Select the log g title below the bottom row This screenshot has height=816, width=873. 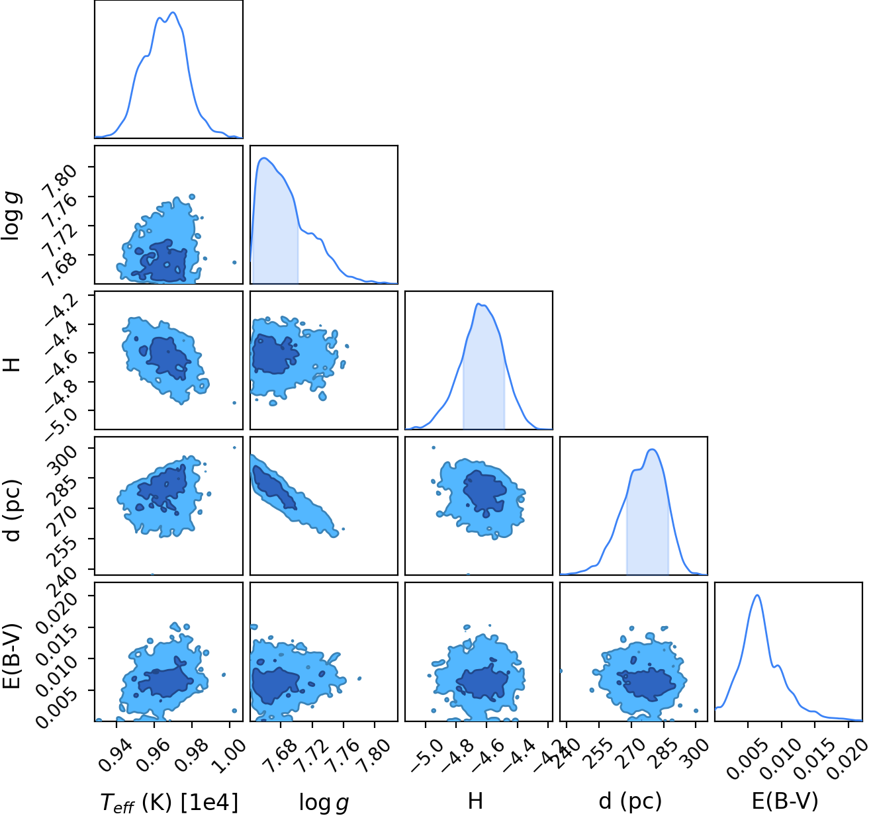pos(324,802)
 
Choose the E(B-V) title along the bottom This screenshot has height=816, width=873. pos(785,801)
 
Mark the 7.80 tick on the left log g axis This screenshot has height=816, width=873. pos(60,177)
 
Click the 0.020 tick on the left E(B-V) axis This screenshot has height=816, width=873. pos(56,611)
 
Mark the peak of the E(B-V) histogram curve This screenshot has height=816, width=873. pos(757,596)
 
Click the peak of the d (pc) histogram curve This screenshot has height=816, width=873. pos(653,449)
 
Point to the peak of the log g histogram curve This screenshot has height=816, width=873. pos(263,158)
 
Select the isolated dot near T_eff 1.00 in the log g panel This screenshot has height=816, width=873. pos(234,263)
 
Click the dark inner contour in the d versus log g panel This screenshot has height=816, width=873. pos(275,487)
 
